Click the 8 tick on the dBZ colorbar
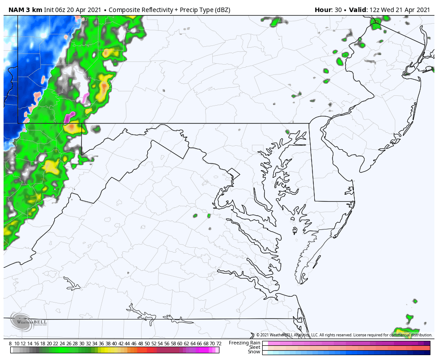point(10,344)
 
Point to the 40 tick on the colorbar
point(114,344)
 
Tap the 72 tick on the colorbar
point(219,344)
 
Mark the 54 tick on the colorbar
point(160,344)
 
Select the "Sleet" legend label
point(255,347)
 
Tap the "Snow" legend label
point(254,352)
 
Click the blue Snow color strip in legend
point(346,352)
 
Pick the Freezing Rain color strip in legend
point(346,343)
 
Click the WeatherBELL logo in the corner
point(28,321)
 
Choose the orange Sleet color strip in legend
point(346,348)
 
